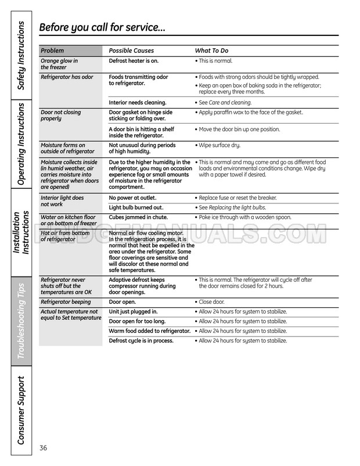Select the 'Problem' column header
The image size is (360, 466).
[x=52, y=51]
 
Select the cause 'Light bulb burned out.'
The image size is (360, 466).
[x=136, y=207]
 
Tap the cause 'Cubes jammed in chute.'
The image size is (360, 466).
[x=137, y=217]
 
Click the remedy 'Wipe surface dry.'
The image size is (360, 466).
[x=219, y=145]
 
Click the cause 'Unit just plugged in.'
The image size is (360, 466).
[x=134, y=312]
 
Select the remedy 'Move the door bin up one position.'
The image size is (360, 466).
[x=239, y=129]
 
